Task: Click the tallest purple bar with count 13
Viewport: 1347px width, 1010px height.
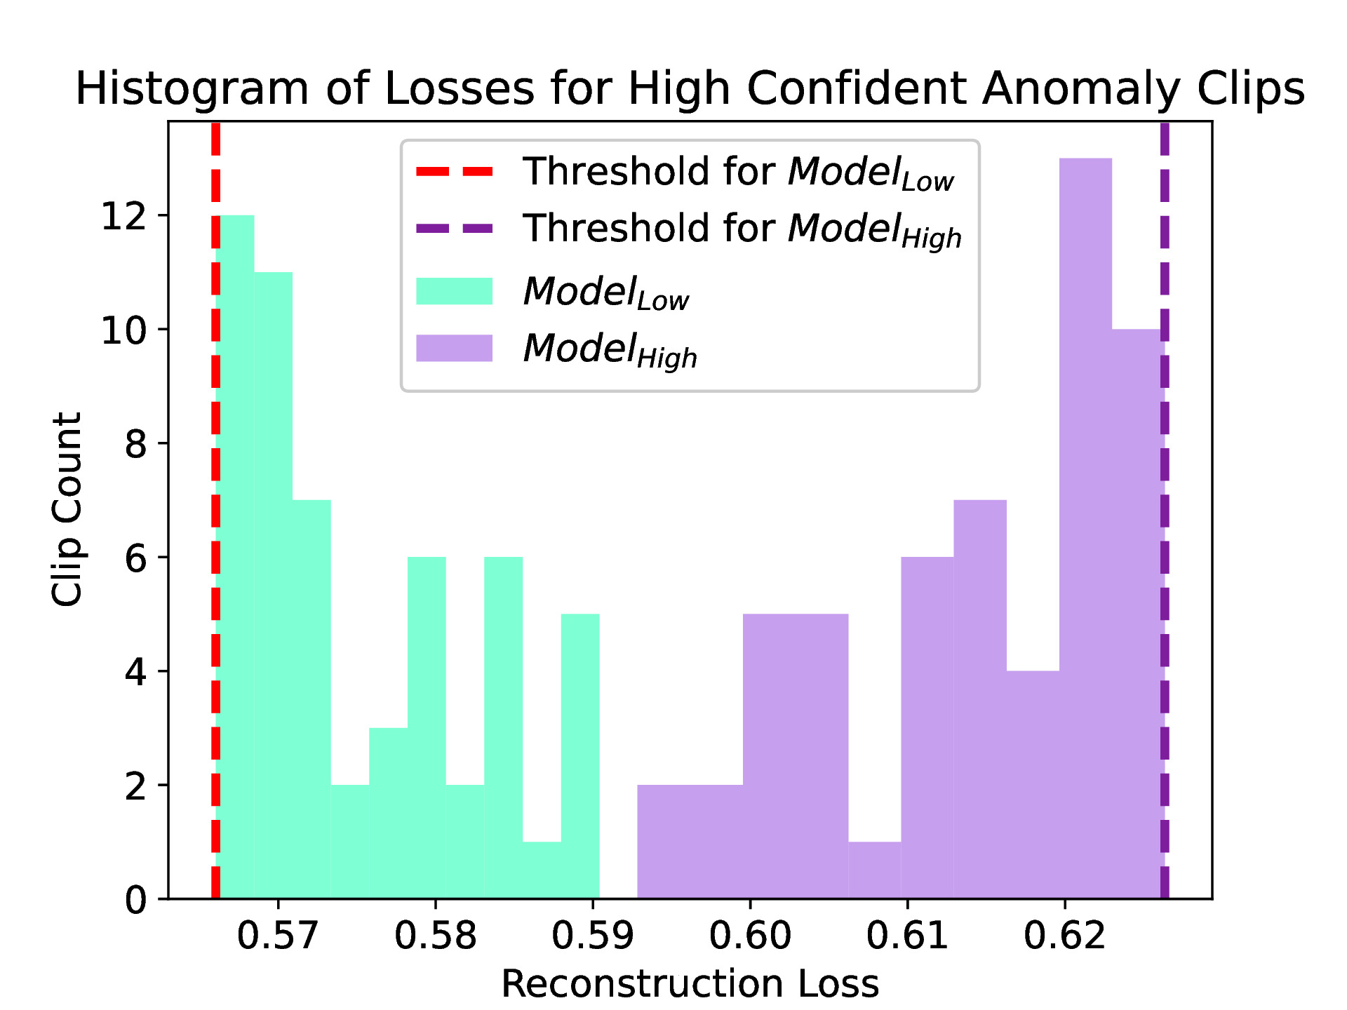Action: click(1085, 526)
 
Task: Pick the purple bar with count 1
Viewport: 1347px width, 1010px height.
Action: click(874, 870)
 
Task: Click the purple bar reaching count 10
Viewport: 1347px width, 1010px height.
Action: click(1137, 610)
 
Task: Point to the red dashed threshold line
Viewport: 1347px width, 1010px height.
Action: click(215, 491)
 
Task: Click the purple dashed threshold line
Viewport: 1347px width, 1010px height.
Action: click(1165, 491)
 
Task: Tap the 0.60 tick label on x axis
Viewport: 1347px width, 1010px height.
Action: click(750, 936)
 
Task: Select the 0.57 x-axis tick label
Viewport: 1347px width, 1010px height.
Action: click(278, 936)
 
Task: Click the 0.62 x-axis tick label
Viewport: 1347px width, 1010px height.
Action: click(1064, 936)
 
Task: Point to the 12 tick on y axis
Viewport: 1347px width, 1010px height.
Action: click(124, 216)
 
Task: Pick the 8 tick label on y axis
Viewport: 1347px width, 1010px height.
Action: click(135, 444)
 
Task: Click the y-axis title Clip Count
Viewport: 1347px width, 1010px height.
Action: click(68, 509)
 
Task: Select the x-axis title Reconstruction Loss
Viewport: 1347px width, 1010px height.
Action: click(690, 983)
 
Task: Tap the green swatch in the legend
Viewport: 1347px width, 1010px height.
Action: click(454, 291)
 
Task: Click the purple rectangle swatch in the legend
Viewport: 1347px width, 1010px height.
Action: click(454, 348)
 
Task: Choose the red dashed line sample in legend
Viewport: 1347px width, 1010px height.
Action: click(454, 172)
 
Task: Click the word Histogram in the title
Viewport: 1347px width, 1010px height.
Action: click(192, 89)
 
